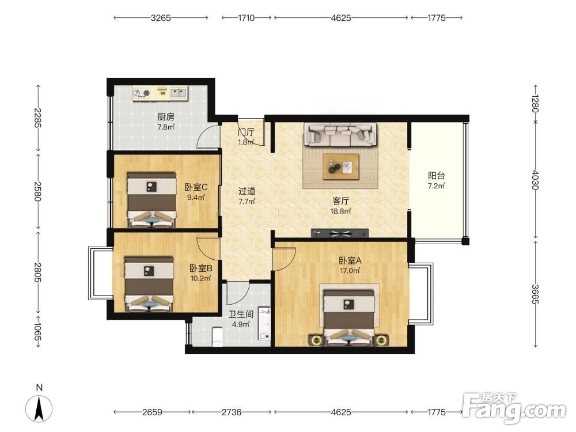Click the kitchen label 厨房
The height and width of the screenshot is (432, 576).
[x=166, y=117]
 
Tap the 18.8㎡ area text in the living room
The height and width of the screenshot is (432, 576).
[x=340, y=211]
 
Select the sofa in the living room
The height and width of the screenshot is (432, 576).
[x=340, y=134]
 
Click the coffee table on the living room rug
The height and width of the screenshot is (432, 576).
[x=341, y=166]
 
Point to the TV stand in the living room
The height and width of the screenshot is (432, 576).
[x=340, y=233]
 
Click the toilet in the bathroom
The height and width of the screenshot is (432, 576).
[x=218, y=336]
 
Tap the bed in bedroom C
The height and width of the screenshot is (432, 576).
[x=151, y=200]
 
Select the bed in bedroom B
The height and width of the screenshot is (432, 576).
[x=149, y=284]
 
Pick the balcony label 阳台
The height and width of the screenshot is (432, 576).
[x=436, y=176]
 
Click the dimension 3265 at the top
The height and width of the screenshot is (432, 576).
[x=161, y=18]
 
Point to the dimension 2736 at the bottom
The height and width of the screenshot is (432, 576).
[x=232, y=412]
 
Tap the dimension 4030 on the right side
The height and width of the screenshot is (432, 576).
[x=535, y=180]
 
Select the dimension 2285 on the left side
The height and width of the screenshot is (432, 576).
[x=37, y=118]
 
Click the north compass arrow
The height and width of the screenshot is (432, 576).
[x=39, y=408]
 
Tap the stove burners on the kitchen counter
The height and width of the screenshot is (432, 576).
[x=142, y=93]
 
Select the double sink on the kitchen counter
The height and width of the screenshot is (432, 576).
[x=179, y=92]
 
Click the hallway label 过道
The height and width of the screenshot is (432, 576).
[x=247, y=191]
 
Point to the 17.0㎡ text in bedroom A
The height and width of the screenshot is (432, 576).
[x=350, y=271]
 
